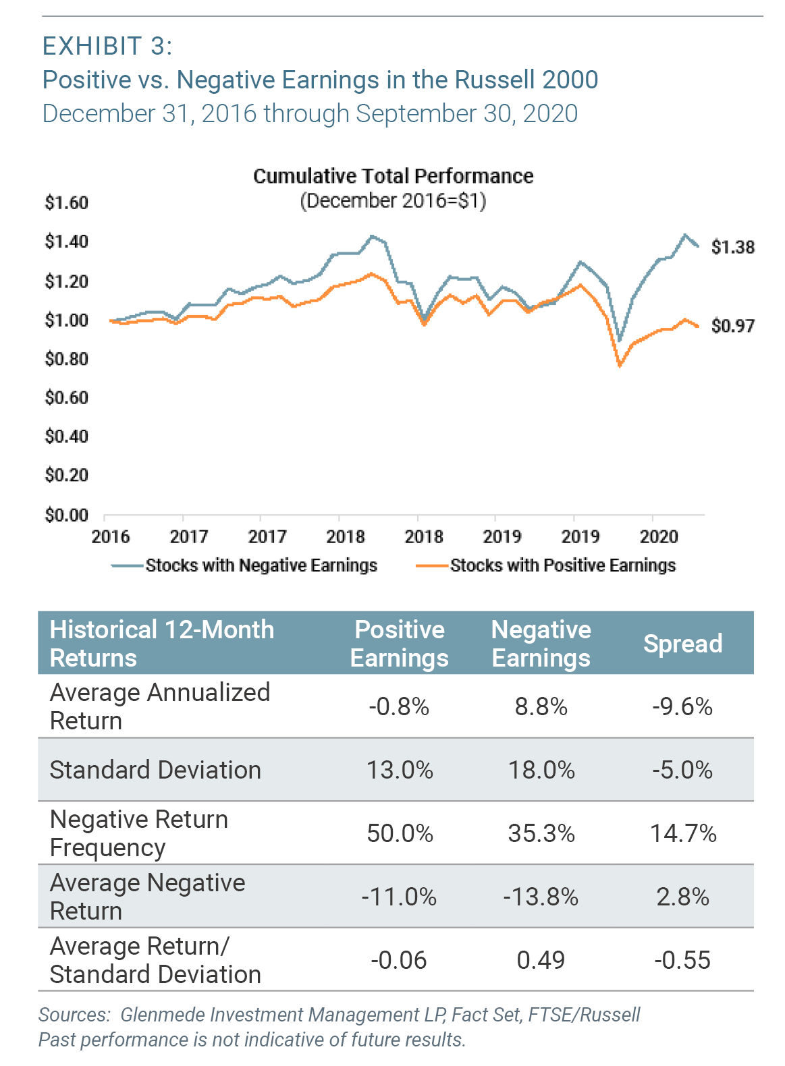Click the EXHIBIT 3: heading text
click(x=107, y=47)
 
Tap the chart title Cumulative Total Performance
click(x=393, y=176)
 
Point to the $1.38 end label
click(x=732, y=247)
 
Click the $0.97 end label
click(x=732, y=326)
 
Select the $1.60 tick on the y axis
click(x=66, y=202)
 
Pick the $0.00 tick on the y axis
click(x=66, y=515)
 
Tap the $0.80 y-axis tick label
click(x=66, y=359)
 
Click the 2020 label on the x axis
click(x=658, y=537)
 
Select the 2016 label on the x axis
click(x=110, y=537)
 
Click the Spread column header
click(x=682, y=644)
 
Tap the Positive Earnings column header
click(x=399, y=644)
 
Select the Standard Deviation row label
click(x=155, y=770)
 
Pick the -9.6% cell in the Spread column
click(x=682, y=706)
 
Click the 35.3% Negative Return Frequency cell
click(x=541, y=833)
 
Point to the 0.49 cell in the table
click(x=541, y=960)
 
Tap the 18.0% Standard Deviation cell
click(x=541, y=770)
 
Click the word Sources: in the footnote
click(x=74, y=1015)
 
